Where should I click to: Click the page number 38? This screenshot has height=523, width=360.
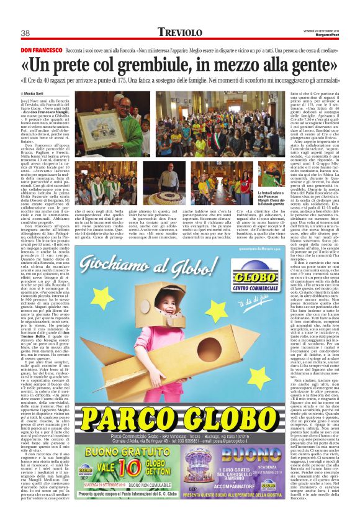pyautogui.click(x=26, y=33)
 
